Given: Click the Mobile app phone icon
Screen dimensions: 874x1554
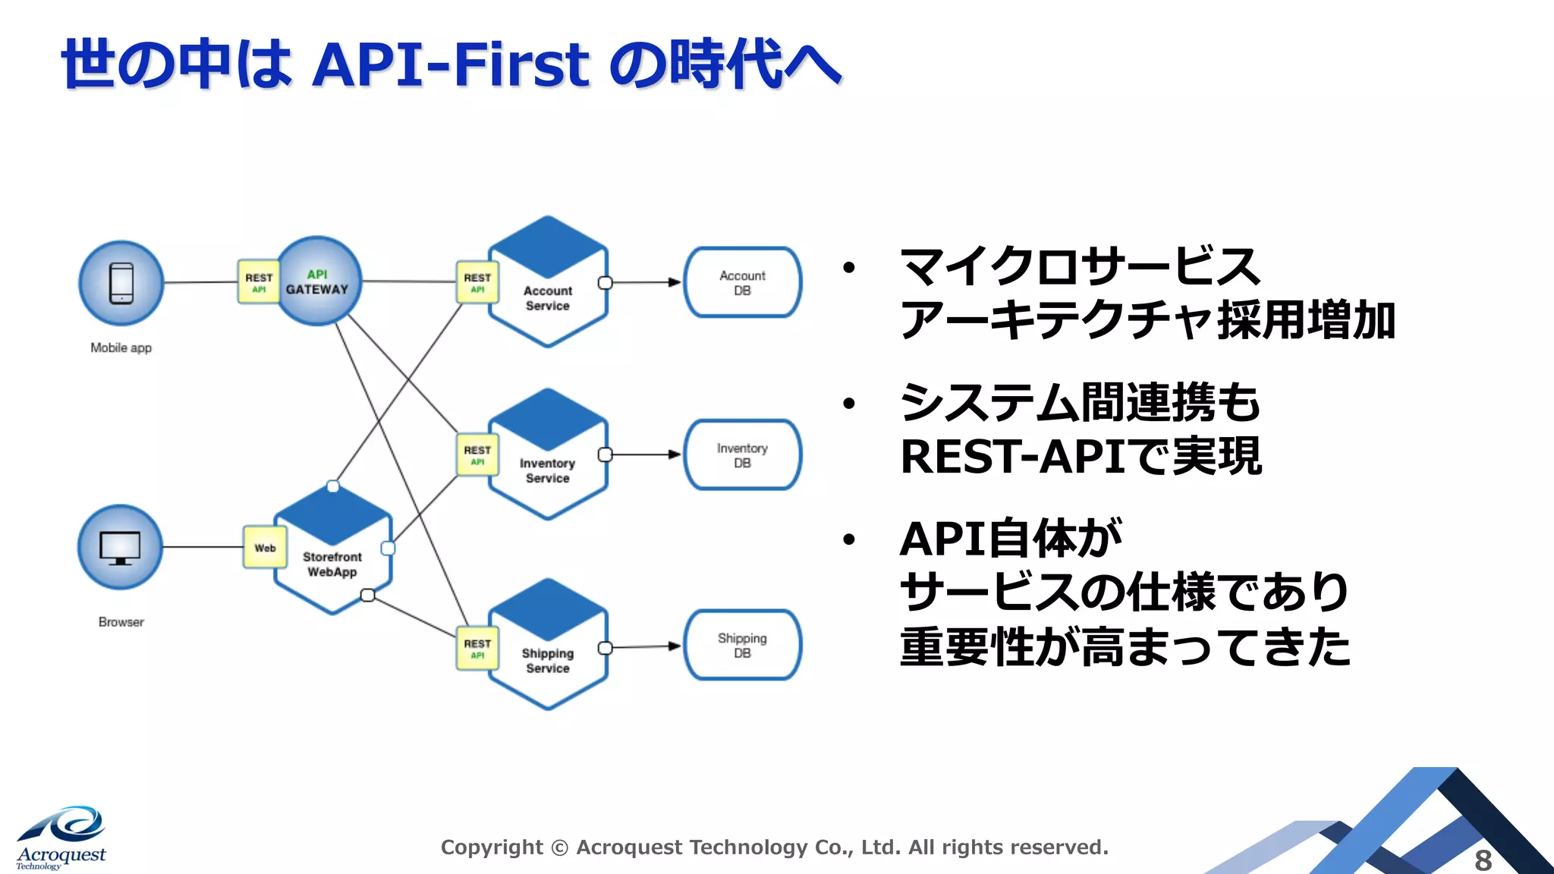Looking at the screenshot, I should click(121, 283).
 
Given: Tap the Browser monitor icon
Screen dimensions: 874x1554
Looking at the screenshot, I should click(121, 547).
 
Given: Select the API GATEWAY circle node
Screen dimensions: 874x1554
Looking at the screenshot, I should click(318, 281).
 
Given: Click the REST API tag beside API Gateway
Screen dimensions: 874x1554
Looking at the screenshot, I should click(259, 282).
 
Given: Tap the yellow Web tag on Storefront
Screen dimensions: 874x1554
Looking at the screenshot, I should click(265, 547).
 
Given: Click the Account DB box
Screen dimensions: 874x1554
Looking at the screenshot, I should click(742, 282).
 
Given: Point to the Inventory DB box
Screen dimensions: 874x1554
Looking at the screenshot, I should click(742, 455).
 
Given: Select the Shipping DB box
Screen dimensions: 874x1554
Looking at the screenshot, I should click(742, 645).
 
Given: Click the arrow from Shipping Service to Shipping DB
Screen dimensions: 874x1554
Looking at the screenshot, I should click(645, 646).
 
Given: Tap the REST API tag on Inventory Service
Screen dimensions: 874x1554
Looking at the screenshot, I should click(477, 454).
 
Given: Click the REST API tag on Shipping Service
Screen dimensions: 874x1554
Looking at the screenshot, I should click(477, 648).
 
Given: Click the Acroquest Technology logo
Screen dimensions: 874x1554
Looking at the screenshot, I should click(61, 838).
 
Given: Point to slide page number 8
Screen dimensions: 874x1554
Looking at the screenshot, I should click(1483, 860).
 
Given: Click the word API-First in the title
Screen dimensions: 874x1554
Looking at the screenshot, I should click(451, 65).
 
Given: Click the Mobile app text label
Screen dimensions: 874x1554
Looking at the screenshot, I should click(121, 347).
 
